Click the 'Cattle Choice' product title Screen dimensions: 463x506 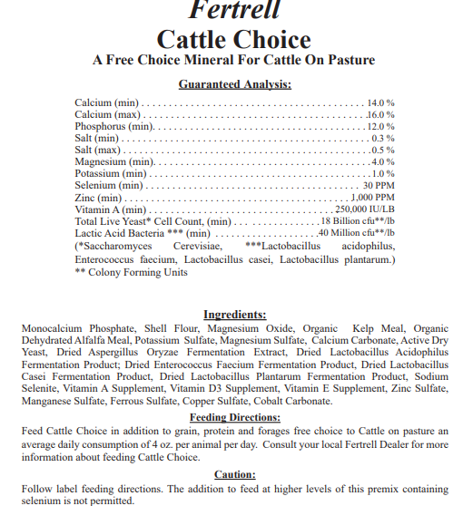[x=233, y=40]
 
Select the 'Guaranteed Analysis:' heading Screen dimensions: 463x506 [x=233, y=84]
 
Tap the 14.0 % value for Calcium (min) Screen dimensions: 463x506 [x=381, y=102]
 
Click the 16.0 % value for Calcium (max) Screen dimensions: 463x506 [x=381, y=115]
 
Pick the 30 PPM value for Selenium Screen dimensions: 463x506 [x=379, y=185]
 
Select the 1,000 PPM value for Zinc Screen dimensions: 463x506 [x=373, y=197]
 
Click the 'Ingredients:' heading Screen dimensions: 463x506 [x=234, y=314]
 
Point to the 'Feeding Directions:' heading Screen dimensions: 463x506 [x=234, y=416]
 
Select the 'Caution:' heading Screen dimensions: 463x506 [x=234, y=473]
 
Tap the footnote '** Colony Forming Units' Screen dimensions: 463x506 [x=131, y=272]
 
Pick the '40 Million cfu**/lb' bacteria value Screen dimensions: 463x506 [x=357, y=232]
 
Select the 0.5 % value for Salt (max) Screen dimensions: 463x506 [x=383, y=150]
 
